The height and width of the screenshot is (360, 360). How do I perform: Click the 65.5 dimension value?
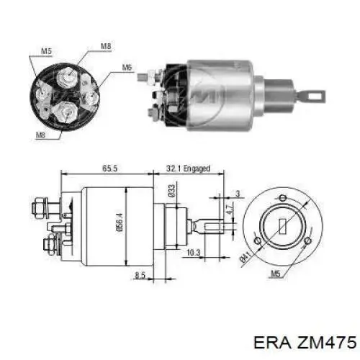click(x=110, y=168)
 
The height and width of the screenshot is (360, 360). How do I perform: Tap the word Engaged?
click(x=197, y=168)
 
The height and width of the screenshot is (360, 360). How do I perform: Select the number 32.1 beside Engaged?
click(x=174, y=168)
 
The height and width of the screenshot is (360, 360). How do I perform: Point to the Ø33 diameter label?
click(x=171, y=191)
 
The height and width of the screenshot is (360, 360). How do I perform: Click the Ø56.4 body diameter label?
click(x=120, y=222)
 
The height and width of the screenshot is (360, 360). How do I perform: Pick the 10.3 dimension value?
click(x=193, y=253)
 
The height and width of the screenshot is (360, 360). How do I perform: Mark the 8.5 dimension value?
click(x=140, y=275)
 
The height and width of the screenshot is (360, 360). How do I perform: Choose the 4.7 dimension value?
click(x=230, y=210)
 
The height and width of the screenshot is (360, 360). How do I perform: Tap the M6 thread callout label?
click(x=127, y=67)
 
